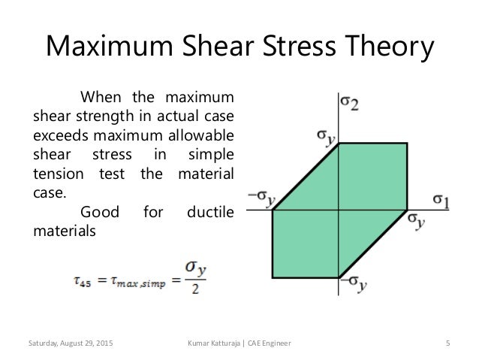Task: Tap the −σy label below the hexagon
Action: point(351,285)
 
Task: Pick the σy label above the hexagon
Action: point(325,138)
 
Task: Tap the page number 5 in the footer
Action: point(447,343)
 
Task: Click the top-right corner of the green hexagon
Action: point(407,143)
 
